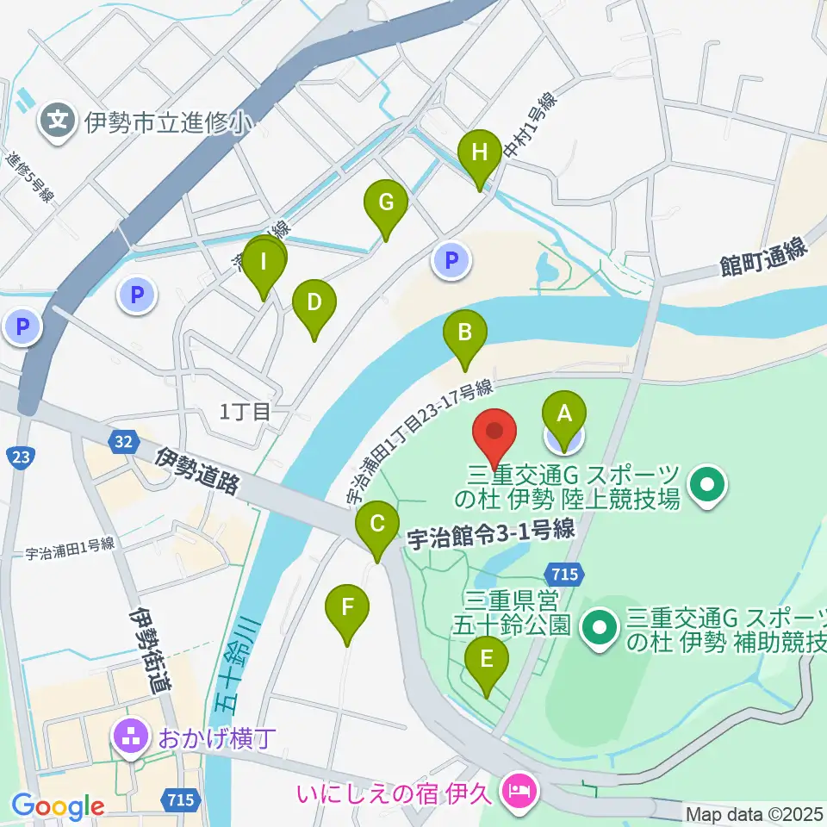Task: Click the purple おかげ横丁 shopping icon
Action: click(130, 737)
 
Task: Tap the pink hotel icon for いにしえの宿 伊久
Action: click(520, 787)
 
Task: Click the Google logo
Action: click(58, 807)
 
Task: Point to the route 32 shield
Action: click(123, 442)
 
